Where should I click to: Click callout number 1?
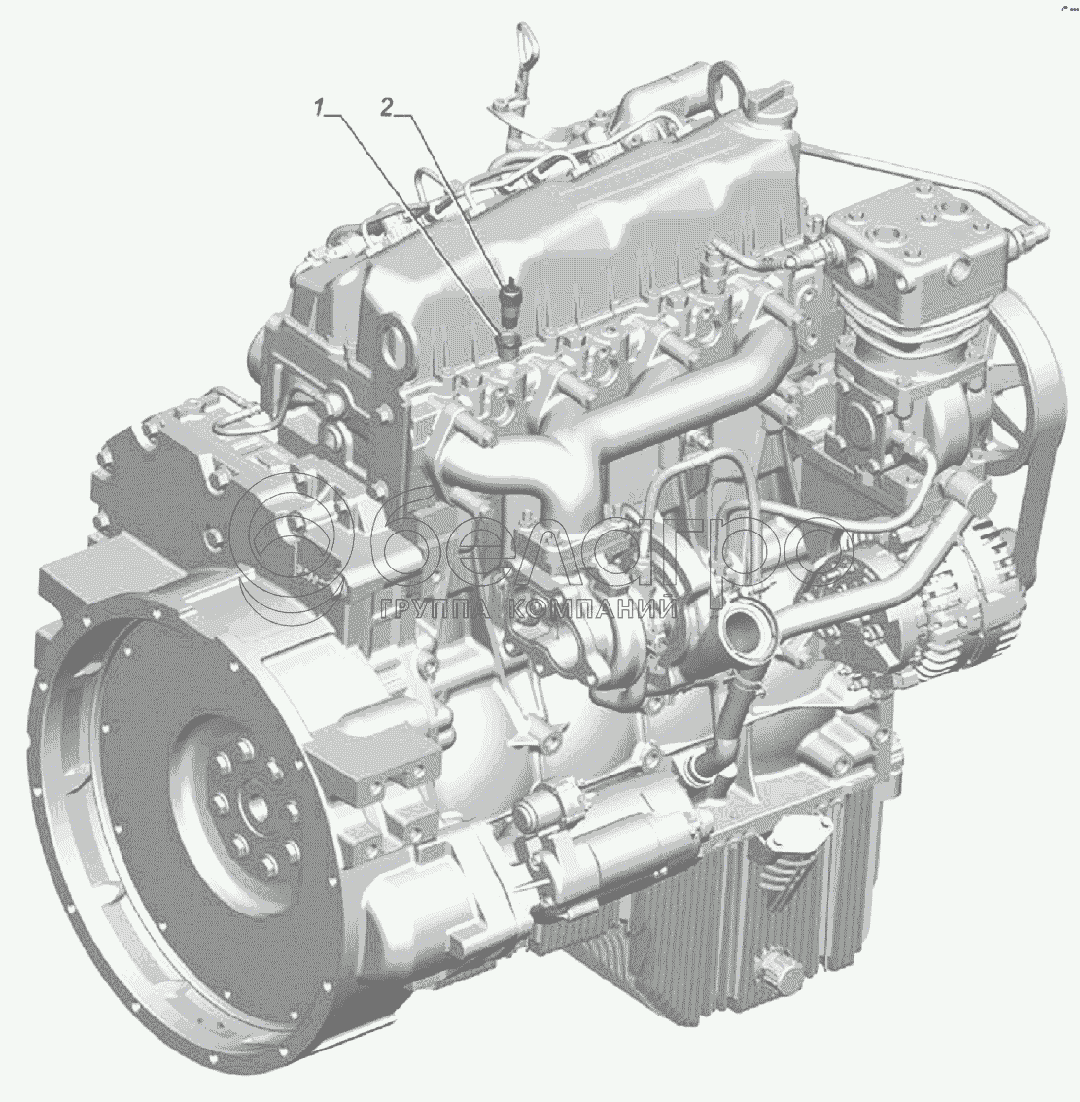point(319,108)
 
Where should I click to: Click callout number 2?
point(386,108)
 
